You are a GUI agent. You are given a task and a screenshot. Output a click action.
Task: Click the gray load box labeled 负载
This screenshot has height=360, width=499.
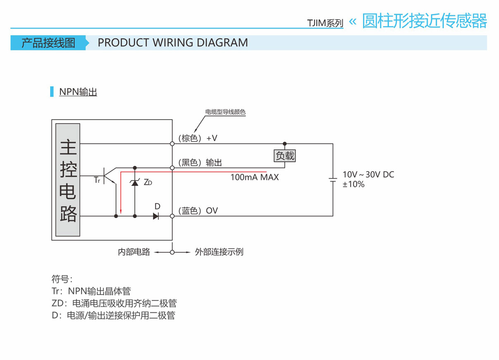click(285, 156)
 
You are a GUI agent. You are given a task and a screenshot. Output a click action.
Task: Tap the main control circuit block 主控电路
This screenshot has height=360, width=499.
click(68, 180)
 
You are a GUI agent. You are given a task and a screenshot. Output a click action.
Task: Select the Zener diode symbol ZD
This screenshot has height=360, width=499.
click(135, 182)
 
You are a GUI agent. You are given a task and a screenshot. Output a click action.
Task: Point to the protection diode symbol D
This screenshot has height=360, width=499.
click(156, 216)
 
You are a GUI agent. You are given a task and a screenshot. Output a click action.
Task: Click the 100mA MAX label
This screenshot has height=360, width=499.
click(254, 178)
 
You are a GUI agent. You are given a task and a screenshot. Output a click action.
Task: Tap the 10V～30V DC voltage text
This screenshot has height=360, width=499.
click(368, 175)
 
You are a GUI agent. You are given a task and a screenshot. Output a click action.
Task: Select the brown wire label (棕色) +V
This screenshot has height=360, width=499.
click(198, 138)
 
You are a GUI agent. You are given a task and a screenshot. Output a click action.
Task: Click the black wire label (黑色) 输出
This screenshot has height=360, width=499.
click(200, 163)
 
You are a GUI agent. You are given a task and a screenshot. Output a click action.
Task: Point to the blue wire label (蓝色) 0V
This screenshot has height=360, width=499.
click(198, 211)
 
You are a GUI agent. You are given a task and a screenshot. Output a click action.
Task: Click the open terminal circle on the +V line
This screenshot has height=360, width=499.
click(172, 144)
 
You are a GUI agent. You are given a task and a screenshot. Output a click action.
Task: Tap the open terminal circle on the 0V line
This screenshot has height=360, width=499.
click(172, 216)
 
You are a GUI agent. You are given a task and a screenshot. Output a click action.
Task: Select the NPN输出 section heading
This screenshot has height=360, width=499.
click(78, 92)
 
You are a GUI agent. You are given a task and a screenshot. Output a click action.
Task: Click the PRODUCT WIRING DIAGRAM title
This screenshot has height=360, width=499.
click(173, 43)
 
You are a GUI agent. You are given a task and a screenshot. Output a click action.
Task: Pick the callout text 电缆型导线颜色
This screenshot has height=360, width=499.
click(225, 112)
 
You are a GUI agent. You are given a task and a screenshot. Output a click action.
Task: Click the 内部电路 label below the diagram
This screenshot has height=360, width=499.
click(134, 252)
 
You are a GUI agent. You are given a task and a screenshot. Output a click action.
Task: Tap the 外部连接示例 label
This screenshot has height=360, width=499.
click(219, 252)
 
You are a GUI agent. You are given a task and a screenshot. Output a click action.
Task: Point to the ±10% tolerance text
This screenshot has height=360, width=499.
click(353, 185)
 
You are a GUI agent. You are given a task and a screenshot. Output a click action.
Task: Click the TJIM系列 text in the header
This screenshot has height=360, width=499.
click(325, 23)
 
